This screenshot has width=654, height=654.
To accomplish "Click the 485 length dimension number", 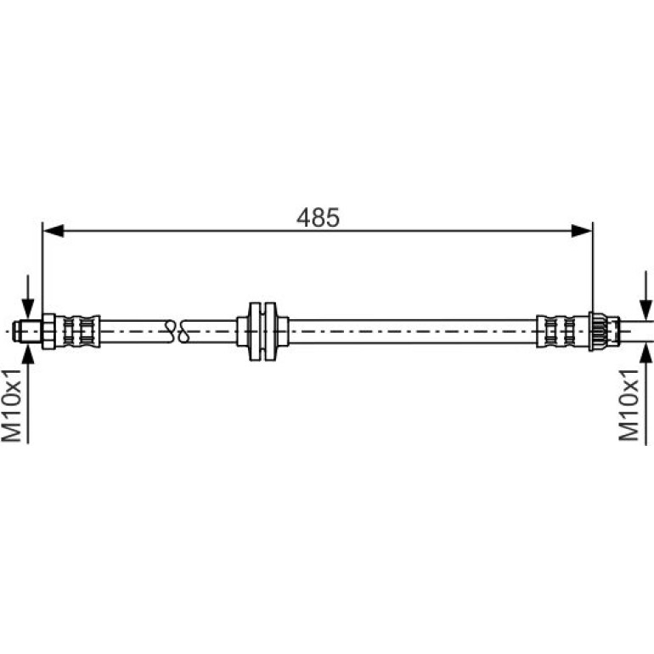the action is [x=318, y=217].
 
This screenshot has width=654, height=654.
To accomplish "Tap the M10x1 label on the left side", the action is [x=11, y=404].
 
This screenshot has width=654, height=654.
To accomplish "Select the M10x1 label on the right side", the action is [x=629, y=404].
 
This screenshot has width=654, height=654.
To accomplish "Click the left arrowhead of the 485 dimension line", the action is [x=54, y=230].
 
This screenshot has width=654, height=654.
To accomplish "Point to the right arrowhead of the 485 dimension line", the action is [x=582, y=230].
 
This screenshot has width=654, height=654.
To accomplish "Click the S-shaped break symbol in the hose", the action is [x=177, y=331].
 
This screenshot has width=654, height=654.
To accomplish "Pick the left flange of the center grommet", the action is [x=256, y=331].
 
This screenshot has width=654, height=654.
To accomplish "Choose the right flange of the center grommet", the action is [x=270, y=331].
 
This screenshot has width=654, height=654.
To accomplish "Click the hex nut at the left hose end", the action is [x=48, y=331].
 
